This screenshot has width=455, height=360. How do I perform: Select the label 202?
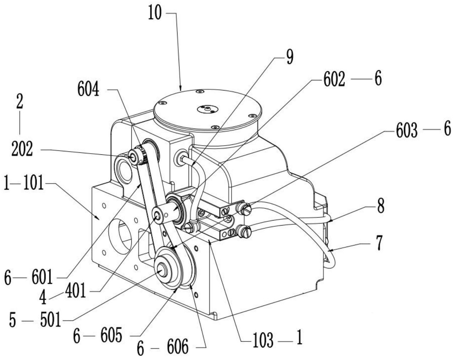point(22,150)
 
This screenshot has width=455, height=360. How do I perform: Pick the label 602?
point(334,80)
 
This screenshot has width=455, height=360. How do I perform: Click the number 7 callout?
point(380,244)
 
